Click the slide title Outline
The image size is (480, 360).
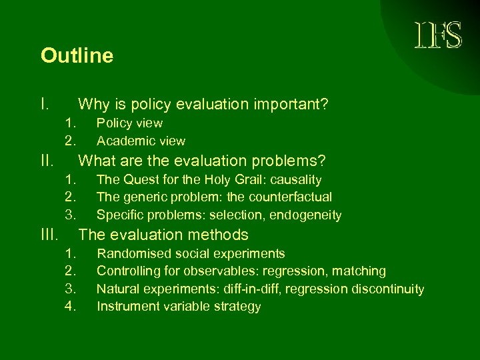coord(77,55)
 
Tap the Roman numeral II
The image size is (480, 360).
coord(47,161)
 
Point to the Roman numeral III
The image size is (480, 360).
coord(50,235)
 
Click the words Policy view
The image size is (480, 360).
coord(129,123)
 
